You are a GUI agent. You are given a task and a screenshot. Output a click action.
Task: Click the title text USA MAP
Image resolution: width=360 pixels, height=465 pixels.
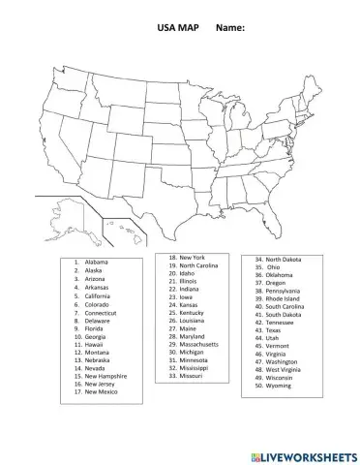(177, 29)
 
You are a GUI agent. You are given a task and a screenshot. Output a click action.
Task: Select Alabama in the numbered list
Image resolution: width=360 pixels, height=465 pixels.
(96, 263)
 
